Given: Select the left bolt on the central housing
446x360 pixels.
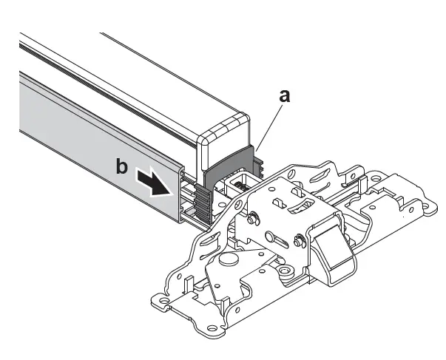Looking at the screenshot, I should (254, 218).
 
